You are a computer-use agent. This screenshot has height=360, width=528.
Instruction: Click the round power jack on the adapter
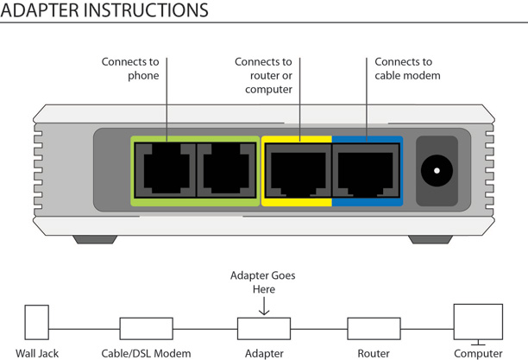point(437,171)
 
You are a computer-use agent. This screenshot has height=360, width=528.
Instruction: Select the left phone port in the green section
point(166,170)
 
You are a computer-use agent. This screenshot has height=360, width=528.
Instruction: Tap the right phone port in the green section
point(226,170)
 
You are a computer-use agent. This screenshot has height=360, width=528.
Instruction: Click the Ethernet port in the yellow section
point(299,170)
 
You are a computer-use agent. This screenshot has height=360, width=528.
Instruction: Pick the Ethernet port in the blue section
point(366,170)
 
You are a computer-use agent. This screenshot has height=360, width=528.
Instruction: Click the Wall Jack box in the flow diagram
point(37,322)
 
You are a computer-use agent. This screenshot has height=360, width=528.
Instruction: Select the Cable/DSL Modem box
point(146,328)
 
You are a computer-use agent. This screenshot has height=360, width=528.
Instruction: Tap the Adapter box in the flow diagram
point(264,328)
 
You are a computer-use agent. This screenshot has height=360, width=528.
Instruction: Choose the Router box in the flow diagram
point(374,328)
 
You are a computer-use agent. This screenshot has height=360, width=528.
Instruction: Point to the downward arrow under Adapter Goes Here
point(264,306)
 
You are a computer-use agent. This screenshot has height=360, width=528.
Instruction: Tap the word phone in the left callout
point(143,75)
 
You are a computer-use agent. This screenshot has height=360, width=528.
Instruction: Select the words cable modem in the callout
point(407,75)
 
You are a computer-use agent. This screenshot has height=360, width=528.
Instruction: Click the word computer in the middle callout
point(268,89)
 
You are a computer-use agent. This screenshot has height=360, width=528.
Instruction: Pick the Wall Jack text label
point(37,353)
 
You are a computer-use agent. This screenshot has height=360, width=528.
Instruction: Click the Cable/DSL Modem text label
point(146,353)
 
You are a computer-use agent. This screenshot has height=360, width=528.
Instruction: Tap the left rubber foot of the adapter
point(95,239)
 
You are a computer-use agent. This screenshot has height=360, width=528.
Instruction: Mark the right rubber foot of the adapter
point(431,239)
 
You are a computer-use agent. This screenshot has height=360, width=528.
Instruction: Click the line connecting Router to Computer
point(427,329)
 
